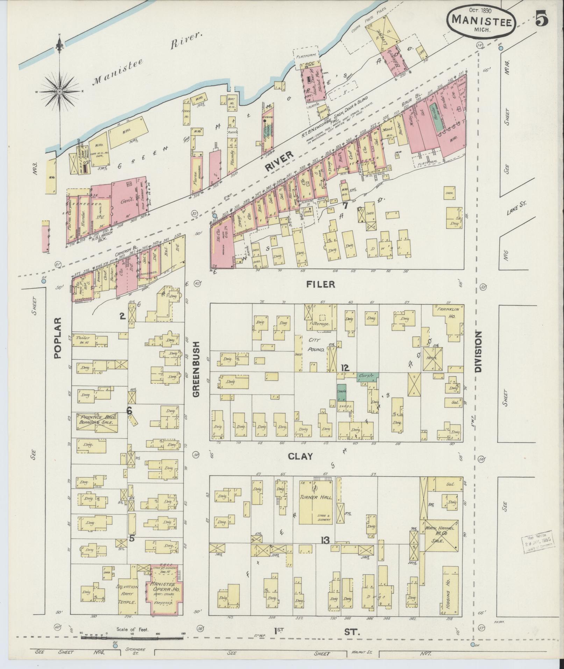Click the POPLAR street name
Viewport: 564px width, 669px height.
pos(58,338)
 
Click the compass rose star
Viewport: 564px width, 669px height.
pos(59,92)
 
